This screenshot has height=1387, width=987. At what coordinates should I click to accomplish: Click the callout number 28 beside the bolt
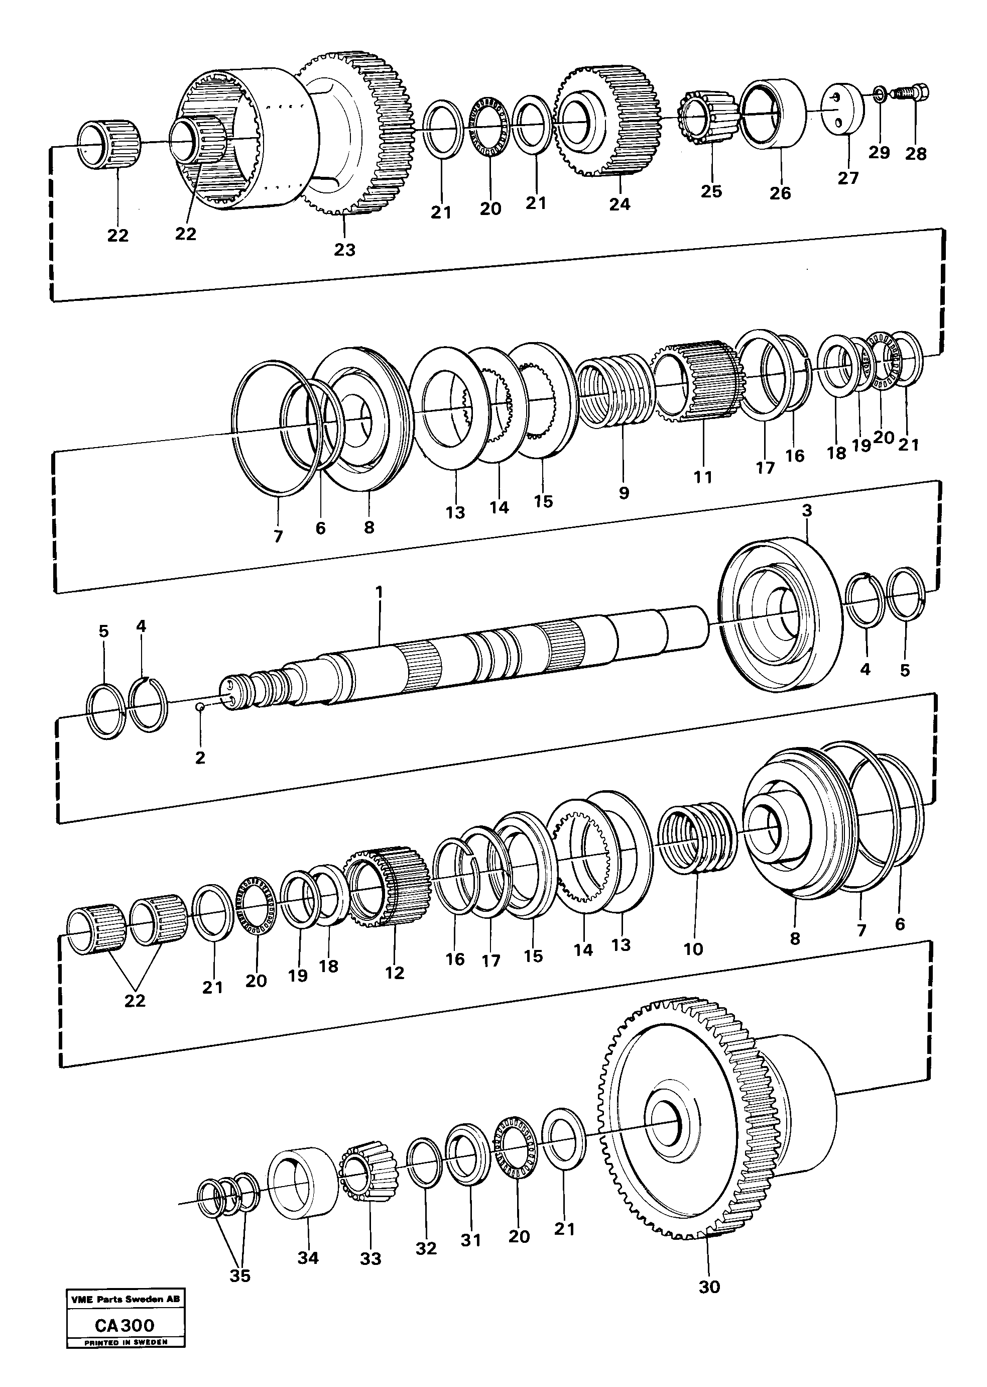tap(915, 154)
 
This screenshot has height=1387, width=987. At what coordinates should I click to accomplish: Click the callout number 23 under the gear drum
tap(344, 249)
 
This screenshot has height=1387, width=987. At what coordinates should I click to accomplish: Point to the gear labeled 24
tap(608, 122)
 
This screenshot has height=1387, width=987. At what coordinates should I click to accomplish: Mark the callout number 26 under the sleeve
tap(780, 193)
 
